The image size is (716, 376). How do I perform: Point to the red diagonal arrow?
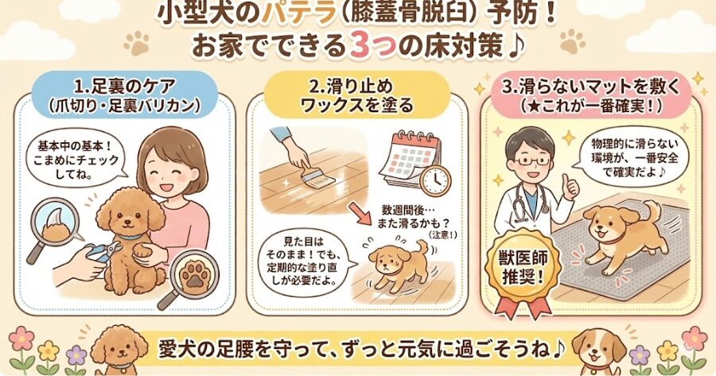click(360, 212)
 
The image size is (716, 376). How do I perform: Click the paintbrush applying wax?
click(314, 176)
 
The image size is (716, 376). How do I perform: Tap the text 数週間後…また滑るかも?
click(413, 218)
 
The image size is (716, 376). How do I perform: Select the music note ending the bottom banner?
click(558, 351)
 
